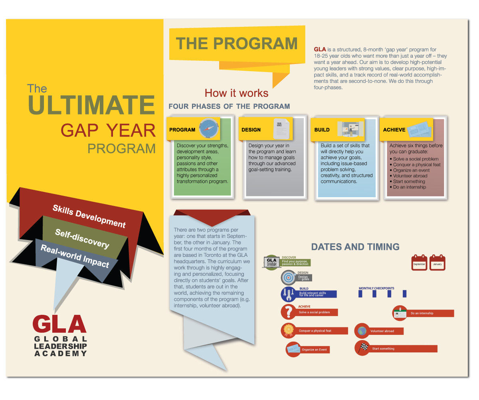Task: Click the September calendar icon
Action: pyautogui.click(x=419, y=263)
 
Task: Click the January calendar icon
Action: pyautogui.click(x=437, y=263)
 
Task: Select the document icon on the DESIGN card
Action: pyautogui.click(x=281, y=128)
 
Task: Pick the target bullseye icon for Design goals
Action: pyautogui.click(x=288, y=277)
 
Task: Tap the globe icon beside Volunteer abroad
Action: pyautogui.click(x=362, y=331)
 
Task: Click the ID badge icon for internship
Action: pyautogui.click(x=400, y=313)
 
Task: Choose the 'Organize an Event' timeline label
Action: pyautogui.click(x=314, y=350)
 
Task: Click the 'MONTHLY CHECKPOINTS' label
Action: pyautogui.click(x=376, y=288)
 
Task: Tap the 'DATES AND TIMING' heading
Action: pyautogui.click(x=355, y=246)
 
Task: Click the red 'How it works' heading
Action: pyautogui.click(x=236, y=93)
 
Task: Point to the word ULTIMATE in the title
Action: pyautogui.click(x=91, y=105)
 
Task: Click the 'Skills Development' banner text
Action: pyautogui.click(x=89, y=216)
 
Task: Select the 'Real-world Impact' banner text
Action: pyautogui.click(x=75, y=256)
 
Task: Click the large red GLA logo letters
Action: pyautogui.click(x=60, y=324)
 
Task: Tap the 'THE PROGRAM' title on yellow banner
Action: pyautogui.click(x=237, y=43)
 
